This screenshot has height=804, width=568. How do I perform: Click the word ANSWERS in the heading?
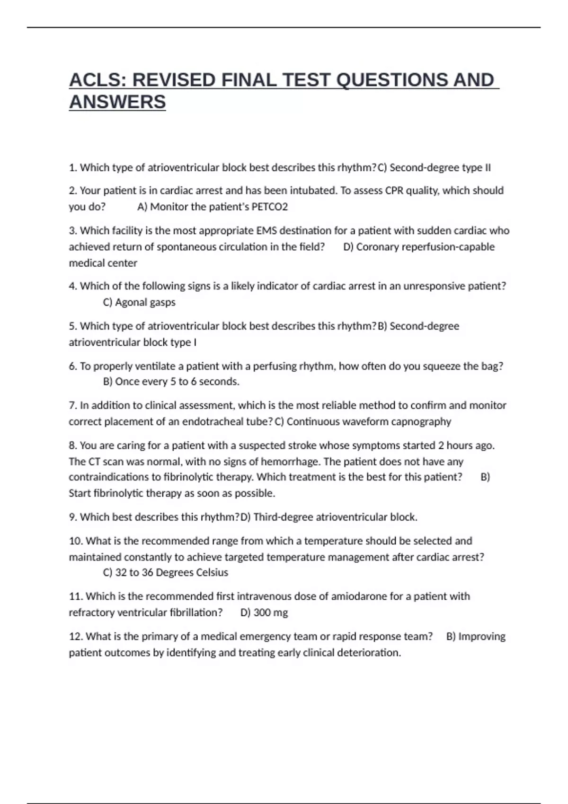[117, 102]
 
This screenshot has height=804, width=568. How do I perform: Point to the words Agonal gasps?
[145, 302]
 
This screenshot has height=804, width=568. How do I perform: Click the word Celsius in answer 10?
[212, 572]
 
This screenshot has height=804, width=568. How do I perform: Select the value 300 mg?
[270, 612]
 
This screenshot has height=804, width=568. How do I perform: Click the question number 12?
[76, 637]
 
